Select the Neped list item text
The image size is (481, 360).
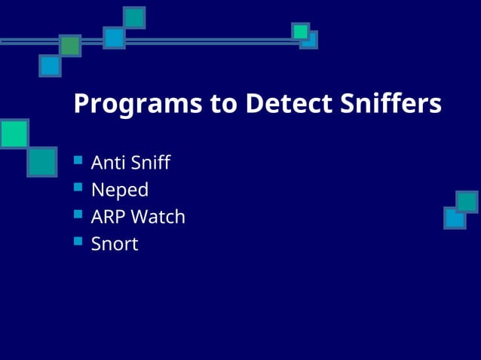coord(119,190)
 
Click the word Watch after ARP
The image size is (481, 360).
coord(158,217)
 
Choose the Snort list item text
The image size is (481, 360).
coord(115,244)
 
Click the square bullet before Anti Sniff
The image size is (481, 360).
coord(78,160)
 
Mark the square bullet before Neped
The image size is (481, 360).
coord(78,188)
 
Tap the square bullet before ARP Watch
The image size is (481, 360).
coord(78,215)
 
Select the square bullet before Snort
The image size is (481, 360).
coord(78,242)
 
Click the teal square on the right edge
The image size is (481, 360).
coord(467,202)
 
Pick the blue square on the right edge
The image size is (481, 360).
coord(455,218)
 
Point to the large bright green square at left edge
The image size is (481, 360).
coord(14,133)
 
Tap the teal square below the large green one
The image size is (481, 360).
coord(41,162)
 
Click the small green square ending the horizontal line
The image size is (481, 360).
coord(300,31)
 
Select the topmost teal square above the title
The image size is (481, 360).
coord(134,17)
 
